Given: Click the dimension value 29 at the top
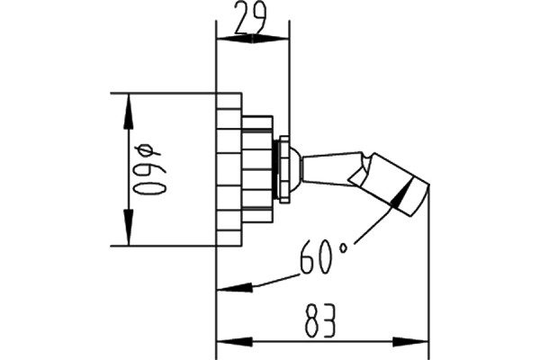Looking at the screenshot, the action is tap(251, 18).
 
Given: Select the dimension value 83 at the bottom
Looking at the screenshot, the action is tap(319, 320).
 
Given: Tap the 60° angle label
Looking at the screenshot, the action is tap(323, 257).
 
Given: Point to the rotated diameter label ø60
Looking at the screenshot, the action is tap(150, 169).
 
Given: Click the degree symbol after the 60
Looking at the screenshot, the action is tap(344, 247).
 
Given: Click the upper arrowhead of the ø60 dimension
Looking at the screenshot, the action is tap(128, 112).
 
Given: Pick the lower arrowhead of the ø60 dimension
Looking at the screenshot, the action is tap(128, 228).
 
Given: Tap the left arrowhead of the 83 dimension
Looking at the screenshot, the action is tap(234, 342).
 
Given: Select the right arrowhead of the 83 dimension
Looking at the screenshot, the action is tap(410, 342).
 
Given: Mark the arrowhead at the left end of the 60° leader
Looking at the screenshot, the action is tap(235, 287).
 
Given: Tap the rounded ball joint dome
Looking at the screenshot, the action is tap(295, 169).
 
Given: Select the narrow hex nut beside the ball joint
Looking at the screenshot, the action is tap(284, 169).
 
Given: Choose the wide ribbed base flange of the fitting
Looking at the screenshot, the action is tap(229, 169).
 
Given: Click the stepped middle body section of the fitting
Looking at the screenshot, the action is tap(257, 169).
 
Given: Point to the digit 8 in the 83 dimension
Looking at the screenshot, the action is tap(312, 320).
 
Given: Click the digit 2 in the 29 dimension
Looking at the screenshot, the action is tap(242, 18).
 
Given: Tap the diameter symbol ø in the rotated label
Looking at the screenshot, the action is tap(148, 150).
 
